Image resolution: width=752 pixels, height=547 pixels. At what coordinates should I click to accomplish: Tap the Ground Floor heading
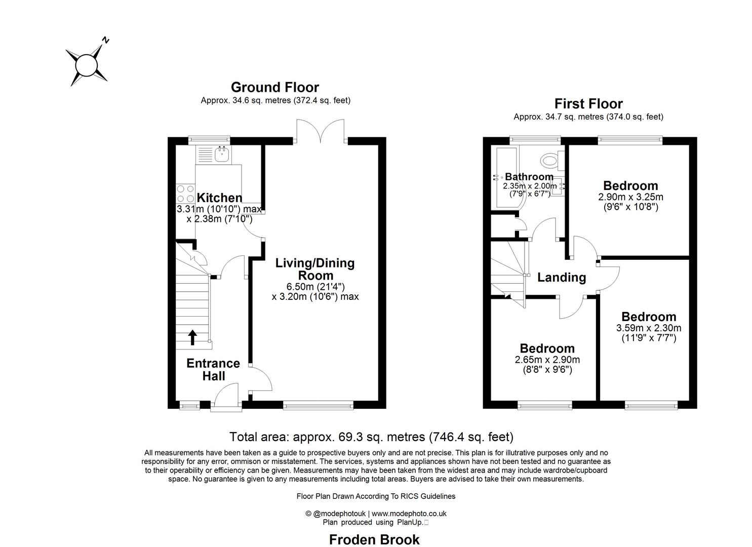(274, 87)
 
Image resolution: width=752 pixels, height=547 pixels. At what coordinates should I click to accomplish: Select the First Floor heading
(588, 104)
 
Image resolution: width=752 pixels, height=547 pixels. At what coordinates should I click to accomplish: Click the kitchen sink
(222, 153)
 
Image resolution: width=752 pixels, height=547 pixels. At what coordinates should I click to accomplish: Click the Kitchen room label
(219, 198)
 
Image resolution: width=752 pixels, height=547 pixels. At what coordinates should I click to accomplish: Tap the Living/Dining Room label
(315, 269)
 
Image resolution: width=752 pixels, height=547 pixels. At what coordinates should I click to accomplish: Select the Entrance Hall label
(213, 370)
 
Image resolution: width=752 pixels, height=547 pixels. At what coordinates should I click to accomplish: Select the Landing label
(561, 278)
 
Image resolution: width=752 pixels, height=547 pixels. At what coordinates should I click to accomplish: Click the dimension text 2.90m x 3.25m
(630, 197)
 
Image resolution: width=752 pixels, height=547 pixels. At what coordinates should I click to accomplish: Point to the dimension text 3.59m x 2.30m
(648, 328)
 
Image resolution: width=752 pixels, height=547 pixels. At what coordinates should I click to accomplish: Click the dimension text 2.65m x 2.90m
(547, 360)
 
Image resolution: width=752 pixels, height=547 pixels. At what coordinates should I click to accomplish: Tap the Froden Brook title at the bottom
(374, 539)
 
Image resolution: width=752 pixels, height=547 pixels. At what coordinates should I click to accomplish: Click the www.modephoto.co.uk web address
(409, 513)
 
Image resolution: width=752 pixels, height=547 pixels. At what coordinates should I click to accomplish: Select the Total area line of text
(371, 437)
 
